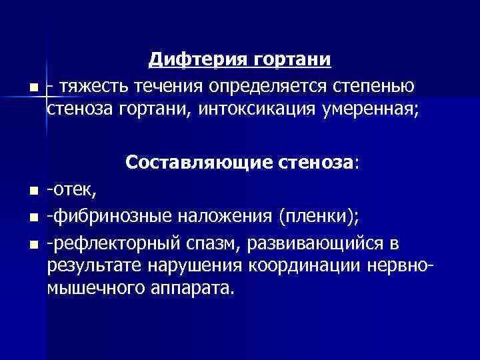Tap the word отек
tap(74, 192)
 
